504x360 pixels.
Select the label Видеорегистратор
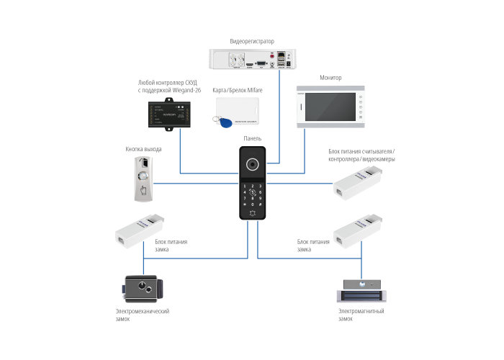click(x=252, y=41)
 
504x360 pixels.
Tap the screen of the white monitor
click(x=324, y=107)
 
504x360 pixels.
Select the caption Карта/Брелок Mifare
click(x=238, y=91)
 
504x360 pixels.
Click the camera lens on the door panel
click(x=253, y=165)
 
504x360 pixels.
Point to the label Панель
click(x=252, y=138)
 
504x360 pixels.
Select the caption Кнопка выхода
click(x=143, y=149)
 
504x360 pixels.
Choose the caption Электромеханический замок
click(x=142, y=315)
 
